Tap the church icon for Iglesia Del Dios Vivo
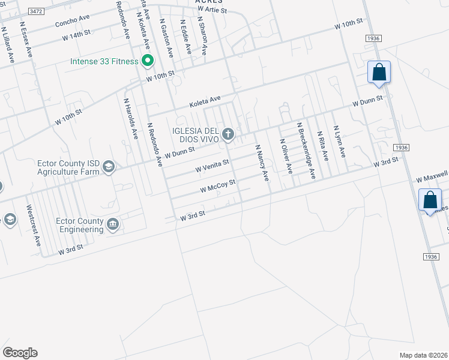coord(228,133)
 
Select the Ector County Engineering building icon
coord(113,225)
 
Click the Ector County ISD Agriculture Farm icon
coord(109,166)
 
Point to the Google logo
coord(20,353)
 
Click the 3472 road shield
coord(37,11)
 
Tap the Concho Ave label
coord(71,23)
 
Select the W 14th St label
coord(76,35)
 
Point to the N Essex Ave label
coord(26,40)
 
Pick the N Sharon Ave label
coord(202,35)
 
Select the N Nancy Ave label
coord(261,162)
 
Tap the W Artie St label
coord(212,11)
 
